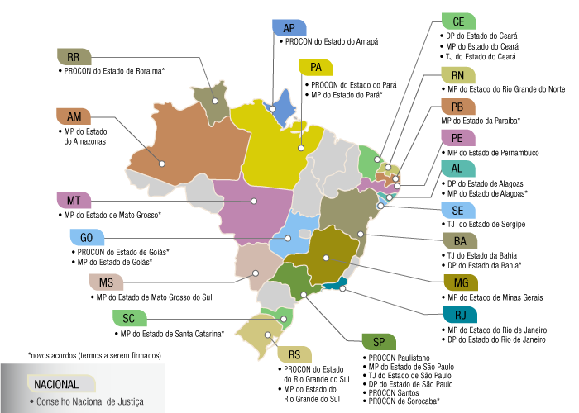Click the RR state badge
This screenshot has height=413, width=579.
pos(74,56)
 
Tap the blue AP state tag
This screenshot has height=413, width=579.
pos(289,27)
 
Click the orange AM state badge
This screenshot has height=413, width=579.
pos(74,116)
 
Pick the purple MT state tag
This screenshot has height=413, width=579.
pos(74,200)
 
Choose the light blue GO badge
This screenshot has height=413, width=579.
pos(86,238)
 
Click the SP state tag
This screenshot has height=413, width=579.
pos(379,343)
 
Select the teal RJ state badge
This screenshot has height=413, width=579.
pos(459,316)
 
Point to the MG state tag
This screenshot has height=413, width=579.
pos(461,282)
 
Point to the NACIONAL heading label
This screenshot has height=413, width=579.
pos(58,384)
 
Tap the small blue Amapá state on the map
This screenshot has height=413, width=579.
pos(284,103)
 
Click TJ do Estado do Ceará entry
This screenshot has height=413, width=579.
pos(480,57)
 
